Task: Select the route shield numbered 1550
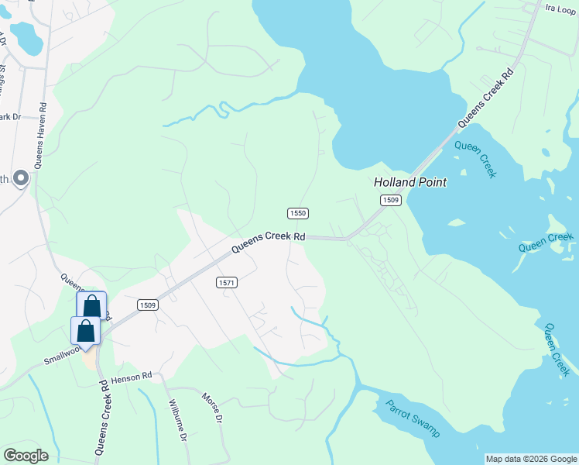(x=298, y=213)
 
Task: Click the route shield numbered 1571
(x=227, y=283)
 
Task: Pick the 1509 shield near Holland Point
(x=391, y=201)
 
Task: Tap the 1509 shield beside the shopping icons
(x=149, y=305)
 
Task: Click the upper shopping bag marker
(x=91, y=305)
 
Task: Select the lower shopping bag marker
(x=85, y=330)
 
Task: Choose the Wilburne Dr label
(x=178, y=421)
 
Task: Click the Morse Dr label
(x=212, y=408)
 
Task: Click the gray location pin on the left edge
(x=22, y=179)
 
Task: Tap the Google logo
(x=26, y=456)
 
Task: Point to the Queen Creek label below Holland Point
(x=475, y=159)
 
